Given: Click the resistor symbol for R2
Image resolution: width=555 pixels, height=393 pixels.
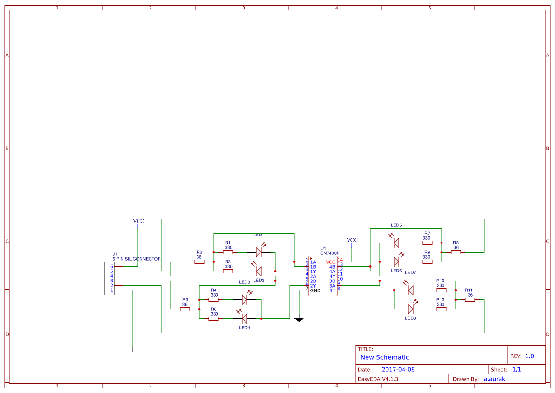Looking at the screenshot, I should [x=199, y=262].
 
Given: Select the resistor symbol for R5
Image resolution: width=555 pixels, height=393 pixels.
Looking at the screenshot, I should [x=185, y=309].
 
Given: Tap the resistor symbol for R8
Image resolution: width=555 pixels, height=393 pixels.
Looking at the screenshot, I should [x=456, y=252].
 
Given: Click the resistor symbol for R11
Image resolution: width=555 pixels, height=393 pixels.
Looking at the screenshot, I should [x=470, y=299].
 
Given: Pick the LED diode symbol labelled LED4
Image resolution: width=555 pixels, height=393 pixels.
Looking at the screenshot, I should [x=244, y=318].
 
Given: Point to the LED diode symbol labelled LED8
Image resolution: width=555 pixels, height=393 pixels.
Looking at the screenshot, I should [x=411, y=309].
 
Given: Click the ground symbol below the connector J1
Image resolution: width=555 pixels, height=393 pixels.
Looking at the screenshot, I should [x=133, y=352].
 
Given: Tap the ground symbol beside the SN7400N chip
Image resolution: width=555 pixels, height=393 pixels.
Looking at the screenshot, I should [x=299, y=319].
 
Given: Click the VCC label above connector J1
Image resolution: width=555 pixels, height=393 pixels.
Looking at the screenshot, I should [x=138, y=221].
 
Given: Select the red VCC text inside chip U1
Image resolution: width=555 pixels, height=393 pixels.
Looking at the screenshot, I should [x=330, y=262].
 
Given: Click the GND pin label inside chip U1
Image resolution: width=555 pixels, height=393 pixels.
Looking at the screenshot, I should [x=315, y=290].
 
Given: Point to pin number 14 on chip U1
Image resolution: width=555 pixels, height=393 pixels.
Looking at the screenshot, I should [x=340, y=259].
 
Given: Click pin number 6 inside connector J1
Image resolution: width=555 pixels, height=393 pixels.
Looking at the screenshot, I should [x=112, y=266].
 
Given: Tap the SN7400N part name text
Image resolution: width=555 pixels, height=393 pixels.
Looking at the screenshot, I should [x=330, y=253].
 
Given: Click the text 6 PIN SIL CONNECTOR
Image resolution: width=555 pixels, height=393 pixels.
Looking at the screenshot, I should [x=137, y=259].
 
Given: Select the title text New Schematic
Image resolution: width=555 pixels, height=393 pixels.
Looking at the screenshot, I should [x=385, y=357].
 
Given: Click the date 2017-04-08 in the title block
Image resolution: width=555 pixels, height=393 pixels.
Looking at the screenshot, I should [x=398, y=369].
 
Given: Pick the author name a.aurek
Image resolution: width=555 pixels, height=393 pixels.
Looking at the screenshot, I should [x=494, y=379].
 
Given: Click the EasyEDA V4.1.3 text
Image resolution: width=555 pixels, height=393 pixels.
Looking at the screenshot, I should [x=378, y=379].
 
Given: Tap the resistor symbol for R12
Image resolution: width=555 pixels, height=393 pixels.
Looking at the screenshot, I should [x=442, y=309].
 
